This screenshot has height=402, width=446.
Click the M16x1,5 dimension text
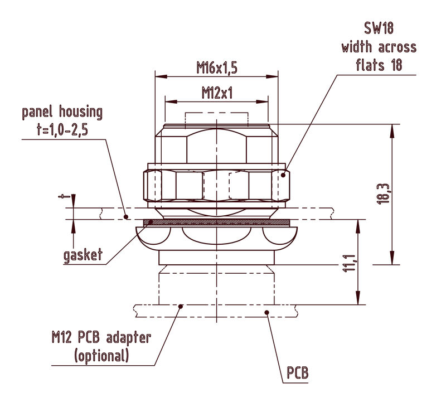[217, 68]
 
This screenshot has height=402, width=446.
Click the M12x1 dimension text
[217, 93]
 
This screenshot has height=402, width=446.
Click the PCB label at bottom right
[298, 372]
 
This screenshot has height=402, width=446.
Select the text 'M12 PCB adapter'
[101, 338]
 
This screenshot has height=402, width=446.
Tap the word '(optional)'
[101, 355]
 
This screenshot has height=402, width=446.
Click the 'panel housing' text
[62, 112]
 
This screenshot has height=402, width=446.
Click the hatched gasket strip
[217, 222]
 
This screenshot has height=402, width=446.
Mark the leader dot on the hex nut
[283, 175]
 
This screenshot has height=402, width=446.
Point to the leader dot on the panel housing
[126, 216]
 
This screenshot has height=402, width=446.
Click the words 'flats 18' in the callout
[379, 65]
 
